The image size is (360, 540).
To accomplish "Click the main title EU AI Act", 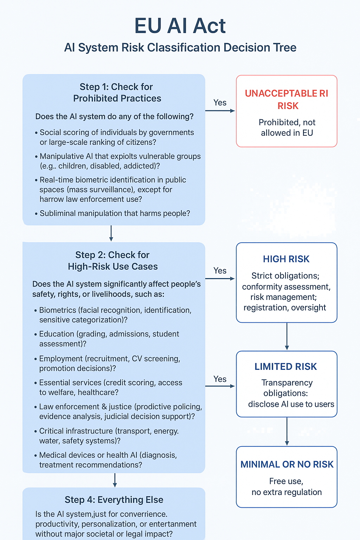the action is point(180,26).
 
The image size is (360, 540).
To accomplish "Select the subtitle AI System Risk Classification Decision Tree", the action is point(180,47).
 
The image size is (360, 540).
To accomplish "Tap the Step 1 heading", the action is point(117,92).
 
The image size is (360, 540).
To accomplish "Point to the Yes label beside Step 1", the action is point(220,102).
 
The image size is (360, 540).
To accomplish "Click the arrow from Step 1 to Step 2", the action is point(111,233).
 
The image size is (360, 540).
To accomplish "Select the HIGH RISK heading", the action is point(286,259).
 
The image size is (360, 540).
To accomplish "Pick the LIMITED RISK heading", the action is point(285,367).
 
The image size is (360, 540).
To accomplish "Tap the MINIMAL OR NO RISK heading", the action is point(287,464).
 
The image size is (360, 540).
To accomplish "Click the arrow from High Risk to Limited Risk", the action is point(287,336).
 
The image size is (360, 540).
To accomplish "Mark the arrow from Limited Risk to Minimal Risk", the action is point(287,431).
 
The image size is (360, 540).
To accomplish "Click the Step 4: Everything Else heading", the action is point(114,500).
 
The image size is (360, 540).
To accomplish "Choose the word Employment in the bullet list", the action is point(61,359).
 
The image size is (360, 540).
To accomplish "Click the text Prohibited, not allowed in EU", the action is point(287,128).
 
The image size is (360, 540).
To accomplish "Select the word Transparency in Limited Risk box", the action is point(287,383).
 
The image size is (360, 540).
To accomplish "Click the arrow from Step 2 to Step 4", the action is point(115,480).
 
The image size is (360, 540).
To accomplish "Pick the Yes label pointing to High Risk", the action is point(220,270).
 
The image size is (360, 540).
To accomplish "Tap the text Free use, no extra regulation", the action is point(287,487).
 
